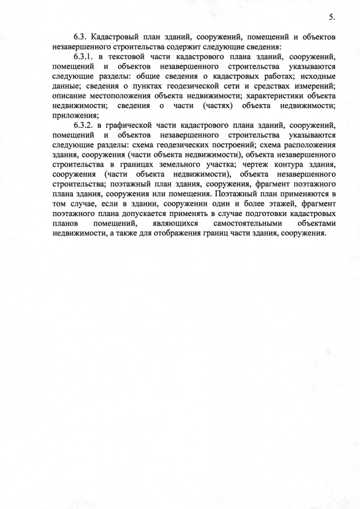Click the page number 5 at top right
coord(332,17)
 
